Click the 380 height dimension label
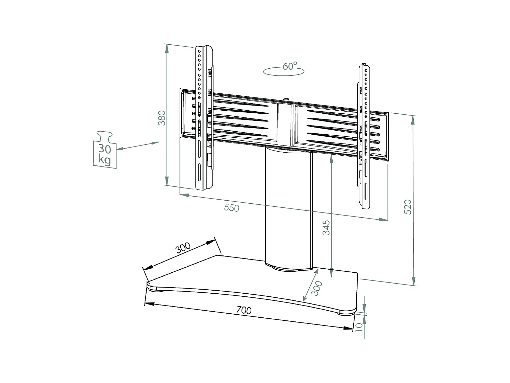[x=162, y=118]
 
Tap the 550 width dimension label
[x=231, y=208]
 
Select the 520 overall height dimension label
[x=408, y=207]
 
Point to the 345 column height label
[x=326, y=228]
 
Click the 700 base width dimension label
[x=244, y=310]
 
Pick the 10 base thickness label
[x=359, y=327]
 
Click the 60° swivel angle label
[x=290, y=66]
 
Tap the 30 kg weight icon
[x=105, y=150]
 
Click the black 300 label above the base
[x=183, y=248]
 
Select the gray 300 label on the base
[x=317, y=288]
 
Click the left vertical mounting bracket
[x=204, y=117]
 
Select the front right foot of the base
[x=346, y=313]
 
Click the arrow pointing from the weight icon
[x=137, y=146]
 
